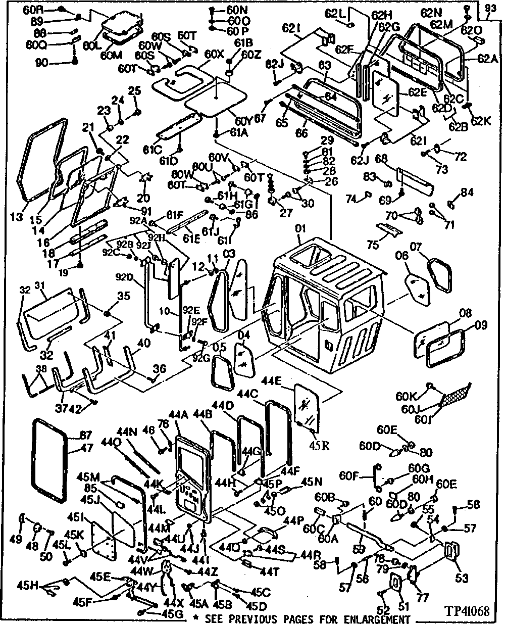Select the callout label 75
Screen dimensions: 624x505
[x=373, y=246]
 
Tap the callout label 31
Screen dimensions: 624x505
[x=39, y=286]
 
